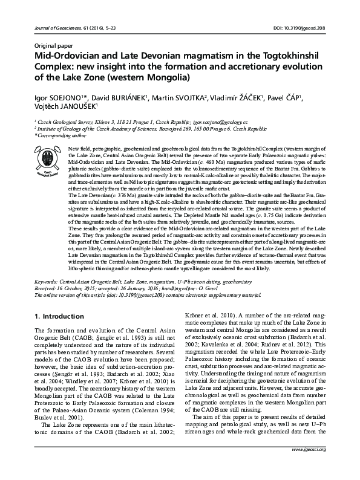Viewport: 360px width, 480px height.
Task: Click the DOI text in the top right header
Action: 296,29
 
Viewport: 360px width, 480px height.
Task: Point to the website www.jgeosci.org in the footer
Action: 309,467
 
